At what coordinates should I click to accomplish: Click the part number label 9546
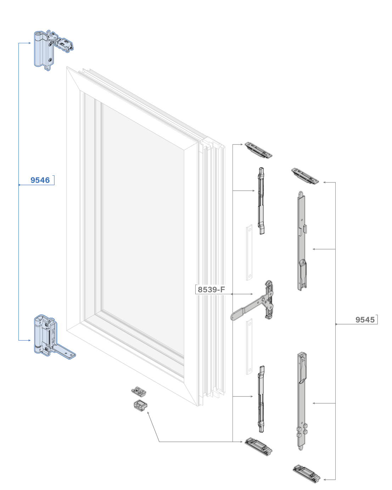point(40,180)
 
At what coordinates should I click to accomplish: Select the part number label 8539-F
point(211,289)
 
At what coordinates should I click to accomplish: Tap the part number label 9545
point(365,320)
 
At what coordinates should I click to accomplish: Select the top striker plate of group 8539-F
point(258,150)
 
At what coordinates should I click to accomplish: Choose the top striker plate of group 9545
point(305,176)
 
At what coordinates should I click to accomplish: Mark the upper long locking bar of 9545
point(302,241)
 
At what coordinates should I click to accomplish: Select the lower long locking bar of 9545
point(301,400)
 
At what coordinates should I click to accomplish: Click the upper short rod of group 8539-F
point(262,201)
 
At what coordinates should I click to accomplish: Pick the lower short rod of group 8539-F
point(262,399)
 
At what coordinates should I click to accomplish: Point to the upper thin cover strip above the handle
point(249,252)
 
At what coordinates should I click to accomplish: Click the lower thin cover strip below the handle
point(249,346)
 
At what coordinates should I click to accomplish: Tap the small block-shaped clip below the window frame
point(141,405)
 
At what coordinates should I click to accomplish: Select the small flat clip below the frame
point(139,391)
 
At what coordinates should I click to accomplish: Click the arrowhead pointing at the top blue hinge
point(30,43)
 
